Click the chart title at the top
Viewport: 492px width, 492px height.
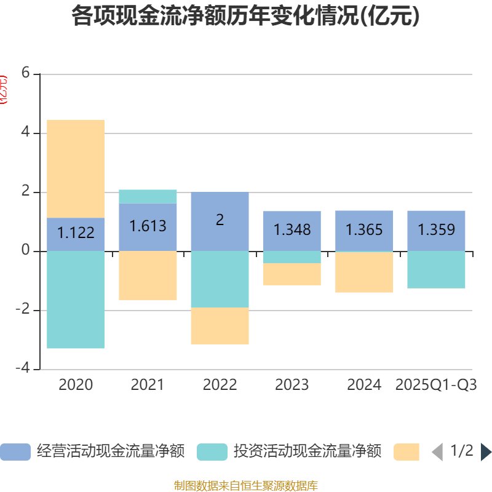(245, 17)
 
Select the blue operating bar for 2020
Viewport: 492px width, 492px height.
(76, 234)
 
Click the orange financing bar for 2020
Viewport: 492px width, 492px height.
(76, 169)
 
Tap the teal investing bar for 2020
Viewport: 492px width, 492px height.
(76, 300)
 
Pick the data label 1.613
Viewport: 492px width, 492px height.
(148, 226)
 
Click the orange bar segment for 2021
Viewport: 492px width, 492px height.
(148, 276)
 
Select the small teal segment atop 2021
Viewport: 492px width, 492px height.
(148, 196)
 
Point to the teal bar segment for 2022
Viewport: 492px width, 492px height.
(220, 279)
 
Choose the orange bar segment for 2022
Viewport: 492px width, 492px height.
(220, 326)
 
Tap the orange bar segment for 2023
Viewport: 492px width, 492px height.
(292, 274)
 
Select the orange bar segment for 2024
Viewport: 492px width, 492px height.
(364, 272)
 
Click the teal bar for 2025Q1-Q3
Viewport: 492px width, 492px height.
(436, 270)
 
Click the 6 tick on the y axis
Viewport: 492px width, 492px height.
(25, 73)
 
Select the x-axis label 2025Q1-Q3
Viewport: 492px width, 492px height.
(436, 385)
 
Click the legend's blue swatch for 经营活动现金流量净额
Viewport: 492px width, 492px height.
(15, 452)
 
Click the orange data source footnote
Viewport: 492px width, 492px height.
(245, 486)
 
